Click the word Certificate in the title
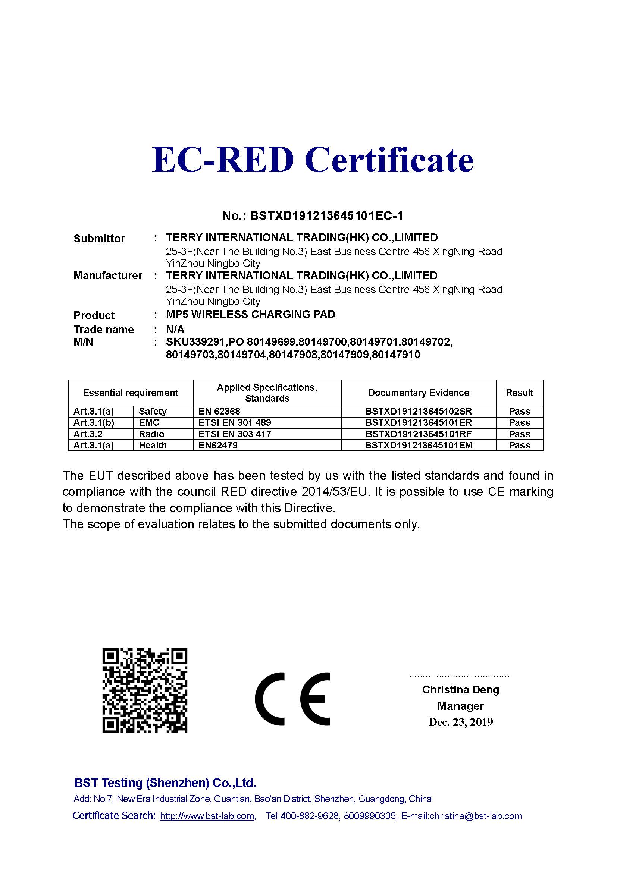[x=389, y=159]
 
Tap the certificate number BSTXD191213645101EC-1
[x=326, y=216]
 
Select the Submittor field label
[x=99, y=239]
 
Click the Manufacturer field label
[x=107, y=276]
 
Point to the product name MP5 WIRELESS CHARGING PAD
[x=250, y=315]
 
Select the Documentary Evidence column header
[x=418, y=393]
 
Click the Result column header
[x=519, y=393]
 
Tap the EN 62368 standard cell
[x=219, y=411]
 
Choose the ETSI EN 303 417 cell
[x=235, y=434]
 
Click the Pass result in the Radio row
[x=519, y=434]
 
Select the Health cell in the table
[x=152, y=445]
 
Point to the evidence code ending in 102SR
[x=418, y=411]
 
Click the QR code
[x=145, y=691]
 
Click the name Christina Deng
[x=460, y=690]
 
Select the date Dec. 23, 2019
[x=460, y=722]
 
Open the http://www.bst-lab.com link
[x=207, y=816]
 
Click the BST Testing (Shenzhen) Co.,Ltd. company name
[x=165, y=783]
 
